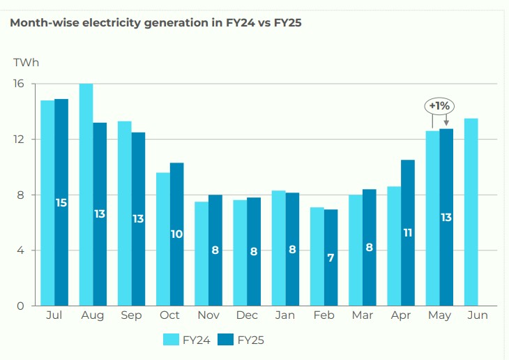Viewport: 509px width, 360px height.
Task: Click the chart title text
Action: point(156,22)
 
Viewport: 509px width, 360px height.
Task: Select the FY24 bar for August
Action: point(86,195)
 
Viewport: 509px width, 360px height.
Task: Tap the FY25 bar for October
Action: point(177,234)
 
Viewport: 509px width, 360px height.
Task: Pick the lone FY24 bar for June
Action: point(471,212)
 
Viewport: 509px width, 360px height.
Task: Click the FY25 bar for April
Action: point(408,233)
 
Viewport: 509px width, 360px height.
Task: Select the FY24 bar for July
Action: point(47,203)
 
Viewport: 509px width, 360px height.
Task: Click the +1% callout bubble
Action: point(440,106)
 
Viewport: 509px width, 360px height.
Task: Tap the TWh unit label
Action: point(26,63)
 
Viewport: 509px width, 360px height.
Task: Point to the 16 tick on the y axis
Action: point(18,84)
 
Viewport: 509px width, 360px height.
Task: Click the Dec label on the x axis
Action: point(247,316)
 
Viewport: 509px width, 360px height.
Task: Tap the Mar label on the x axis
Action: point(363,316)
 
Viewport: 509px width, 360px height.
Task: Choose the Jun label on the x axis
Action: point(478,316)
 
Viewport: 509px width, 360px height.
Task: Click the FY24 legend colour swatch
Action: point(171,340)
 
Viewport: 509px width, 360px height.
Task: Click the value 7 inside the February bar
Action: point(331,257)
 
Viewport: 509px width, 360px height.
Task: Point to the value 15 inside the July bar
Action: point(61,203)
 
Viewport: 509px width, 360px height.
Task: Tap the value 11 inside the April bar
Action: point(408,233)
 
